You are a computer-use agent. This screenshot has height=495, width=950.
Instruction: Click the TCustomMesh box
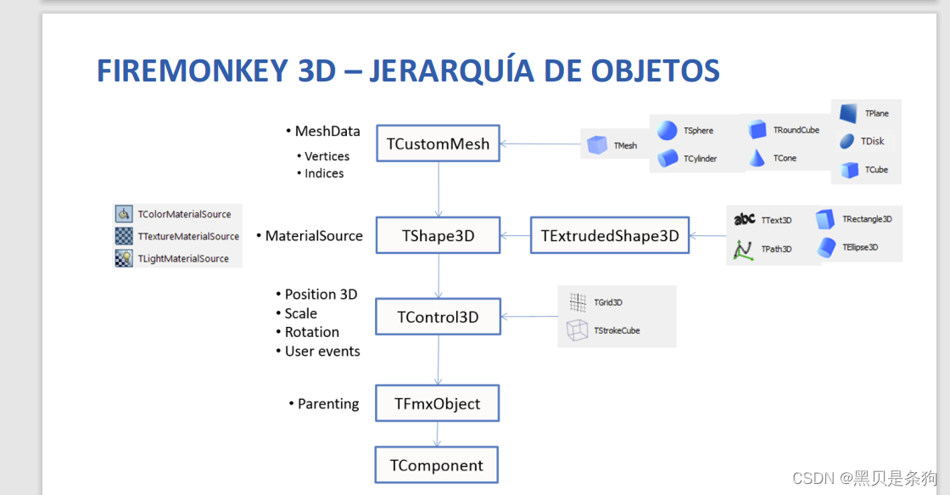coord(438,143)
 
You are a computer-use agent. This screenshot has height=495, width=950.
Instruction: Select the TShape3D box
coord(438,236)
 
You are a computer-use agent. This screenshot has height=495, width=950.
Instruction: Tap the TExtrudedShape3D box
coord(610,236)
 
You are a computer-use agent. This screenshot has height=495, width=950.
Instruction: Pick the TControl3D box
coord(438,317)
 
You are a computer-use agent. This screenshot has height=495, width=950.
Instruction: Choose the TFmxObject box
coord(437,404)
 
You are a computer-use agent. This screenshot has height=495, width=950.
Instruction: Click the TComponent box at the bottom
coord(436,465)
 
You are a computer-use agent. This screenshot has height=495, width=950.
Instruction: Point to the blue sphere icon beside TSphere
coord(668,130)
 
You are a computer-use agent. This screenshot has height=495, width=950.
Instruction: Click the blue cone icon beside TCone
coord(757,157)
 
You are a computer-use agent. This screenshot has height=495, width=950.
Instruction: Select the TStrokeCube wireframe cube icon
coord(577,330)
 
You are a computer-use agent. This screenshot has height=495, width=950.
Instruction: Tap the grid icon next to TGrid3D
coord(578,302)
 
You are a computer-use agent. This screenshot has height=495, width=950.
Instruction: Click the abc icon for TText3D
coord(744,219)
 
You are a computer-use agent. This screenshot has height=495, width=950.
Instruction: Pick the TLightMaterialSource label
coord(183,258)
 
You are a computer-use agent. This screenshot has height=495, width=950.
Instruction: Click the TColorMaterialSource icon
coord(124,214)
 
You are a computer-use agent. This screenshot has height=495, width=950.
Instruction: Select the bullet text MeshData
coord(327,131)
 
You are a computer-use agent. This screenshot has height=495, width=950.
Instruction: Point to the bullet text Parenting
coord(328,404)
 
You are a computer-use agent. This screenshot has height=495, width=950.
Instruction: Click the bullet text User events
coord(322,351)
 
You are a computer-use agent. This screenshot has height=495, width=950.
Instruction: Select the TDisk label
coord(872,141)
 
